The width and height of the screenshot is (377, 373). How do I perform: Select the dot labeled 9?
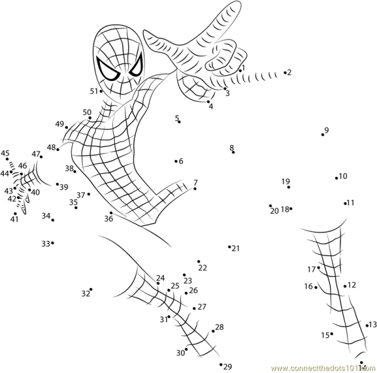click(323, 134)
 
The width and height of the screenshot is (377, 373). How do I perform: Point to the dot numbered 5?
click(179, 122)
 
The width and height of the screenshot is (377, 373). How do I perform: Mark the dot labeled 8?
click(233, 152)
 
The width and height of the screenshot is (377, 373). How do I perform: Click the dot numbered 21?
click(230, 247)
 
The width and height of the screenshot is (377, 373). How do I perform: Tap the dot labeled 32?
click(91, 289)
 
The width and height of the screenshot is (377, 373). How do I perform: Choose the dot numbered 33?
click(53, 242)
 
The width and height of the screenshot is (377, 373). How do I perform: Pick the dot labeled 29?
click(221, 364)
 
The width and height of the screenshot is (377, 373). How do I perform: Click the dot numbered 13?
click(367, 325)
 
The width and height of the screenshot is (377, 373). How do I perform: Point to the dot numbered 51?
click(101, 92)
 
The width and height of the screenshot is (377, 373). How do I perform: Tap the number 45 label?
click(5, 153)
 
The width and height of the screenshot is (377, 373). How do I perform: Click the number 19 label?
click(286, 181)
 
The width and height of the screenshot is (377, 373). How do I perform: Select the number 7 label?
click(195, 182)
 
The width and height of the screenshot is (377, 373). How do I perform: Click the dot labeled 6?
click(176, 161)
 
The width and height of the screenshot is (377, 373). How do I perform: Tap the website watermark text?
click(321, 367)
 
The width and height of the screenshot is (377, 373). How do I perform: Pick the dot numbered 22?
click(199, 261)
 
